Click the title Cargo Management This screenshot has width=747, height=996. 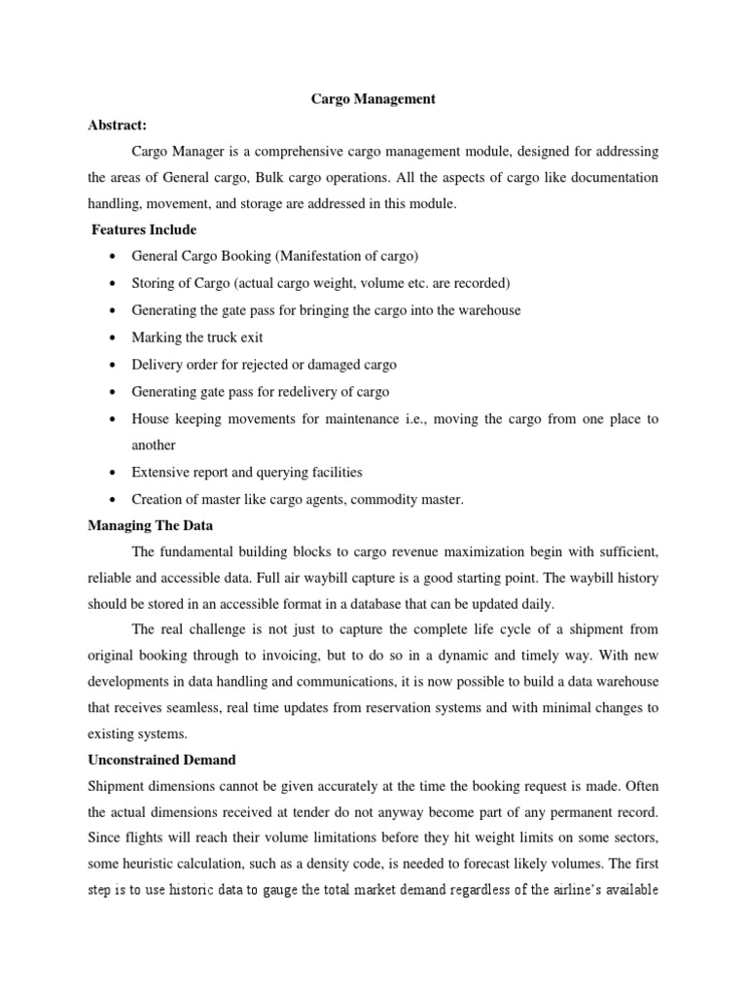373,98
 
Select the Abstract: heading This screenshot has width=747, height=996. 118,124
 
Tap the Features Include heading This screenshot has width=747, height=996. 143,230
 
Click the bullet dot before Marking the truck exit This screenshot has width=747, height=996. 115,338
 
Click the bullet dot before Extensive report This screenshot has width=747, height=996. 115,473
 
